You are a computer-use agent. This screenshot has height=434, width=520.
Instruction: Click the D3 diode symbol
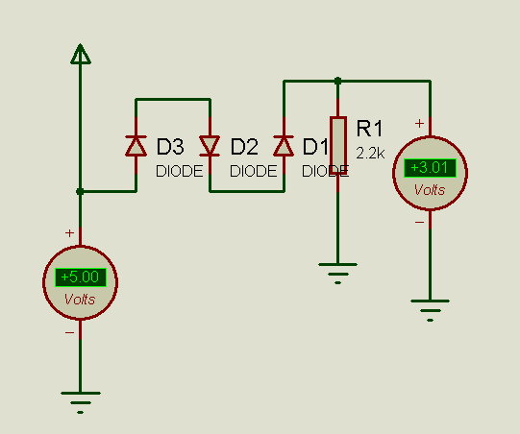(136, 145)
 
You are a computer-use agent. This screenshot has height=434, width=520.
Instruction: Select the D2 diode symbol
(210, 145)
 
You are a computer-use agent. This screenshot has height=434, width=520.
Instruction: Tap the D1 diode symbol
(284, 145)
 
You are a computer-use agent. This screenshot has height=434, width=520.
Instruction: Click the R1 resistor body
(338, 145)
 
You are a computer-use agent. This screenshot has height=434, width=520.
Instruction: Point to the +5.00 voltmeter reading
(81, 277)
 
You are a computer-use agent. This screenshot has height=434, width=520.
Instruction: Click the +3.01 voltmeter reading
(430, 168)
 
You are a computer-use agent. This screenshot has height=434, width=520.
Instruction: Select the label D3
(170, 147)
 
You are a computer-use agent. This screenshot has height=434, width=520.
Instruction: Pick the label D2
(244, 147)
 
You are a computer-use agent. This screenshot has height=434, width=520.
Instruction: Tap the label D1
(315, 147)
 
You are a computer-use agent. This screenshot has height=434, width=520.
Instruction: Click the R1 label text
(369, 129)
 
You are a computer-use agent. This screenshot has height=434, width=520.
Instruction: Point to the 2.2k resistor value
(370, 153)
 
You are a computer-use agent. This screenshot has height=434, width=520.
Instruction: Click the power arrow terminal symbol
(80, 54)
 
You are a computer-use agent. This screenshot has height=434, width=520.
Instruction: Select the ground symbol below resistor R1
(337, 274)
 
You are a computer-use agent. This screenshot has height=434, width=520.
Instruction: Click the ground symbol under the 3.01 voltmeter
(430, 310)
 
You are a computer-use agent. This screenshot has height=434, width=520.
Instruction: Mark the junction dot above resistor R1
(337, 81)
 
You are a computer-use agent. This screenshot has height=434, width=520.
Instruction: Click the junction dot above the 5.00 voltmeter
(80, 191)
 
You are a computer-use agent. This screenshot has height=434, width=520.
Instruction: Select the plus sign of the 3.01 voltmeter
(419, 124)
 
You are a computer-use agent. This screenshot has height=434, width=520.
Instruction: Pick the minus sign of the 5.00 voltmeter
(69, 332)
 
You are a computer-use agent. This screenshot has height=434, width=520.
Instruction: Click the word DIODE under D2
(254, 171)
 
